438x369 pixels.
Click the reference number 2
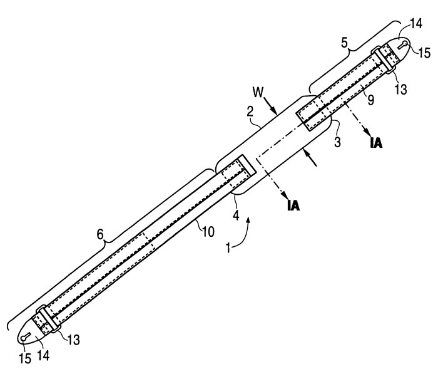pyautogui.click(x=250, y=111)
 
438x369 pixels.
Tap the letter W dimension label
pyautogui.click(x=258, y=92)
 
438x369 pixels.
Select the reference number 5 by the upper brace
pyautogui.click(x=345, y=43)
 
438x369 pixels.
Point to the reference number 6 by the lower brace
pyautogui.click(x=99, y=234)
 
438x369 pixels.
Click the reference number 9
pyautogui.click(x=370, y=100)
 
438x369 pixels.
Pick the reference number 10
pyautogui.click(x=208, y=232)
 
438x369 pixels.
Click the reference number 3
pyautogui.click(x=337, y=142)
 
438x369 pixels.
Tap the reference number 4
pyautogui.click(x=236, y=216)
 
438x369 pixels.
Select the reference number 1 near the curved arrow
pyautogui.click(x=228, y=248)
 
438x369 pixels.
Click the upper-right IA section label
pyautogui.click(x=375, y=143)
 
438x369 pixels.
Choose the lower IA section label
pyautogui.click(x=293, y=205)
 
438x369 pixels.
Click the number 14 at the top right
pyautogui.click(x=416, y=24)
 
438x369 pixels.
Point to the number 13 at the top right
pyautogui.click(x=401, y=89)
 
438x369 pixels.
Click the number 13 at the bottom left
pyautogui.click(x=73, y=340)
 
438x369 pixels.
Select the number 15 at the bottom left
pyautogui.click(x=25, y=358)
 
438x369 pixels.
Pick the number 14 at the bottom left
pyautogui.click(x=44, y=355)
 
